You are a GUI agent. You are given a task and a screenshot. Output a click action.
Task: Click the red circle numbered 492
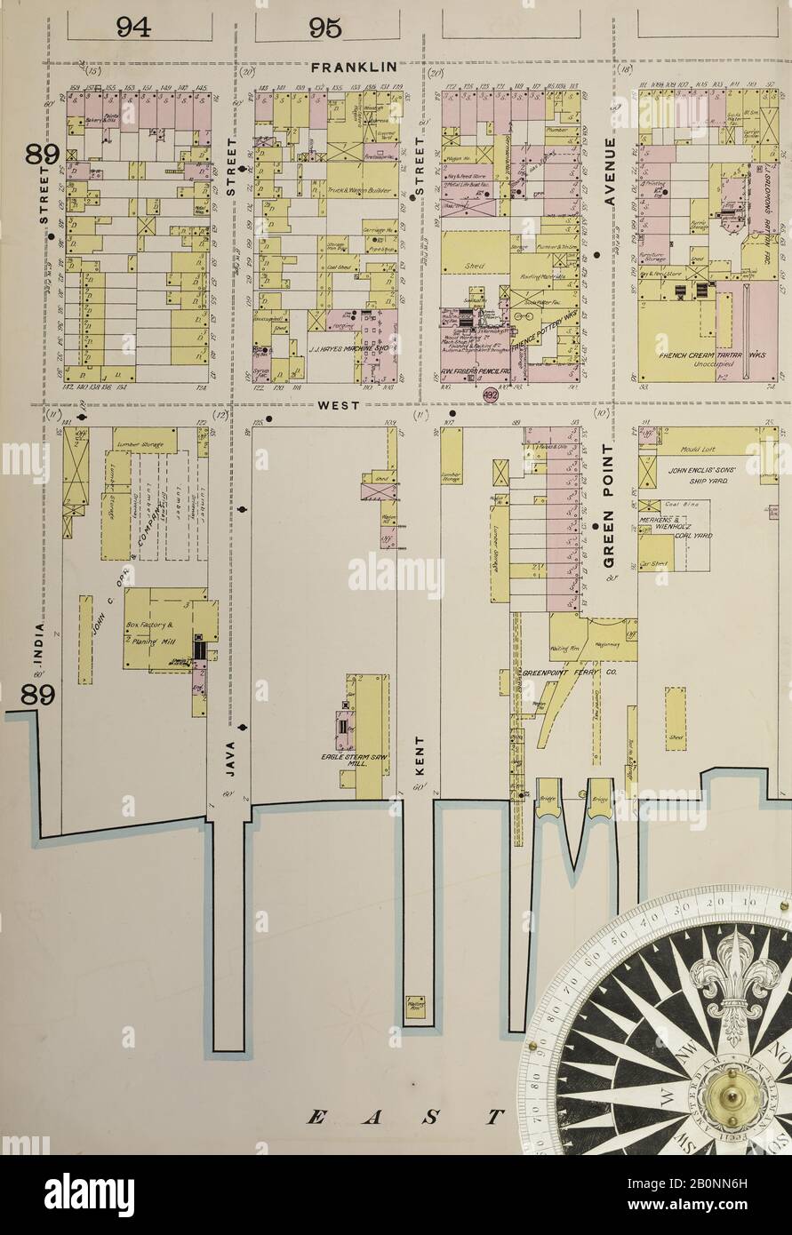[491, 396]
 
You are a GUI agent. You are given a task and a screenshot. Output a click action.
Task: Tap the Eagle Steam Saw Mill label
[350, 760]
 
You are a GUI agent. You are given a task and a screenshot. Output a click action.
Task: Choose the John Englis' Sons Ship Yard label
[707, 473]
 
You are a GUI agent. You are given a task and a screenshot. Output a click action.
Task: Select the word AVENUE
[609, 173]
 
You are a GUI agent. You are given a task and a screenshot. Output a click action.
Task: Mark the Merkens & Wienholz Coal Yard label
[673, 526]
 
